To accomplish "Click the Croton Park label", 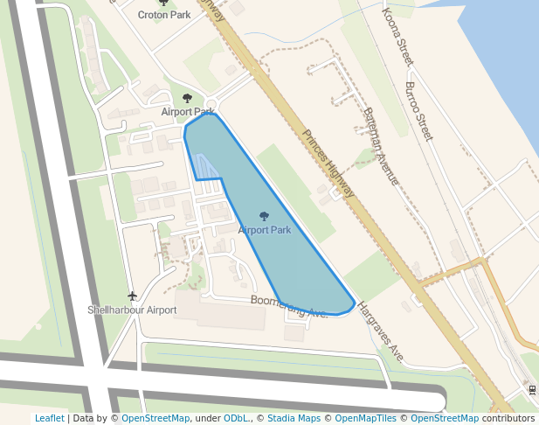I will (x=163, y=15).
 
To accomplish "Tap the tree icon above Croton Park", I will (x=163, y=3).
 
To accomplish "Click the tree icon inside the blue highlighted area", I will (x=264, y=216).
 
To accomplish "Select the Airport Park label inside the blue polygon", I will (x=264, y=230).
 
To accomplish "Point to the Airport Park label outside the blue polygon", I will (x=187, y=112).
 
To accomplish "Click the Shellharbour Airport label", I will (x=132, y=310).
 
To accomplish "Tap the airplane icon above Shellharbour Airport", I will (x=132, y=296).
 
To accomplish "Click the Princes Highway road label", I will (x=329, y=164).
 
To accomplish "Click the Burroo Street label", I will (x=418, y=111).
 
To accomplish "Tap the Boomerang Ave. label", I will (x=289, y=306).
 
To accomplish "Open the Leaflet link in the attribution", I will (x=49, y=418).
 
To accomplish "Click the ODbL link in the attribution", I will (x=235, y=418).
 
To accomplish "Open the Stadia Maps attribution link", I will (x=294, y=418).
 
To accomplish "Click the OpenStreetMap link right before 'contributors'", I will (x=445, y=418).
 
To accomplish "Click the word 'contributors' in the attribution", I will (x=508, y=418).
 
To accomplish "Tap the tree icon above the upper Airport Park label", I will (x=186, y=98).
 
